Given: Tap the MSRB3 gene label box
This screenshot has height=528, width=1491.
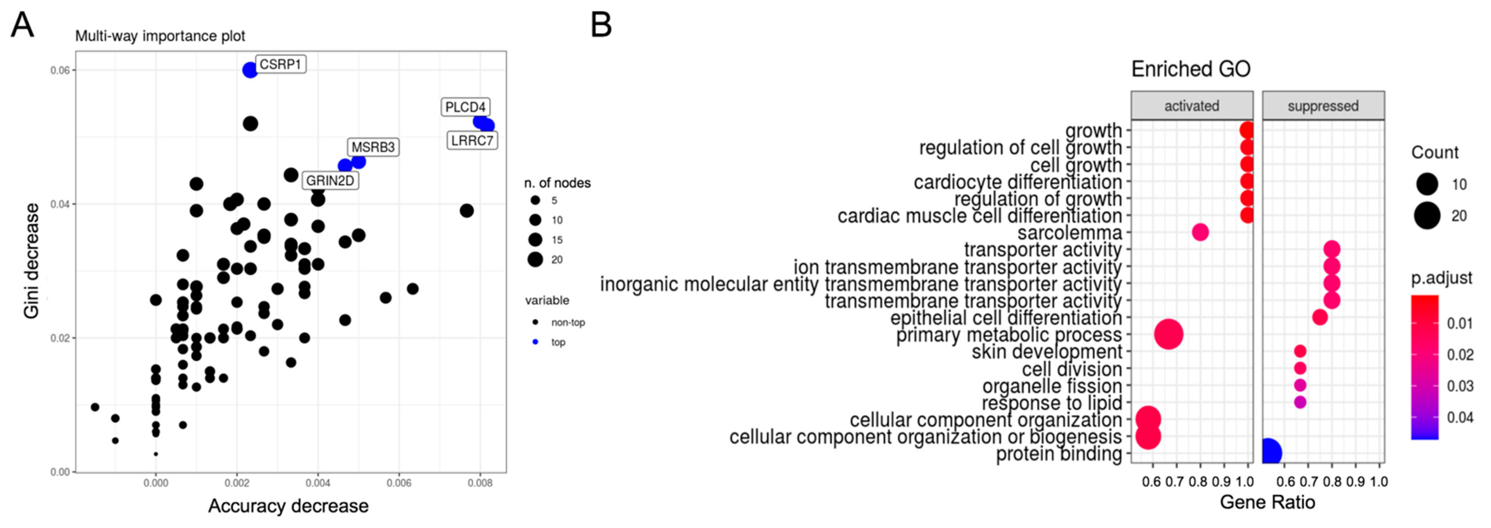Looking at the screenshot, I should point(373,147).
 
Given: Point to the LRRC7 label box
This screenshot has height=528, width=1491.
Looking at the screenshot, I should point(472,140).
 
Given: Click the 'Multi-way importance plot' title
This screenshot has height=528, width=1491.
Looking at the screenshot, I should point(160,36).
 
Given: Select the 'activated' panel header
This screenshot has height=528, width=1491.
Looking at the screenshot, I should point(1192,106).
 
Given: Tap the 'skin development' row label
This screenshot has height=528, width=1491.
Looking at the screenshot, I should point(1047,352).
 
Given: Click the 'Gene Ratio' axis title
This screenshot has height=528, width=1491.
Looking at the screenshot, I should point(1267,501).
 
